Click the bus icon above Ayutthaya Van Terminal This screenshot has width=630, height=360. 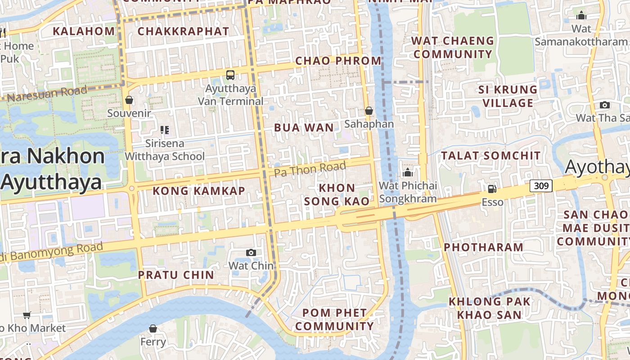coord(230,75)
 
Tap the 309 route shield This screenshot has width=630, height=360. coord(540,185)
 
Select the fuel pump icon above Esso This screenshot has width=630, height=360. coord(492,189)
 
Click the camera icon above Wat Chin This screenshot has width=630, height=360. coord(251,253)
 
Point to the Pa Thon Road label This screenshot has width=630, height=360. coord(310,169)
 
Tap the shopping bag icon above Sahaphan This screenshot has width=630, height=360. coord(369,111)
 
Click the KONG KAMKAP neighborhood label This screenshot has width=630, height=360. coord(199,191)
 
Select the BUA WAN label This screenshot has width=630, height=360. coord(304,128)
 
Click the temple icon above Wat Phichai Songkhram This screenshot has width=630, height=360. coord(408,172)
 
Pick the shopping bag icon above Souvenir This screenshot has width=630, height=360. coord(129,100)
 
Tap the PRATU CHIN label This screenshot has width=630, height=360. coord(176,275)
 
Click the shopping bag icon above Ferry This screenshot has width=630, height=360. coord(153,329)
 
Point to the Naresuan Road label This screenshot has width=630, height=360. coord(47,94)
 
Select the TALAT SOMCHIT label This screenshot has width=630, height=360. coord(490,156)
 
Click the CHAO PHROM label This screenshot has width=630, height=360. coord(338,61)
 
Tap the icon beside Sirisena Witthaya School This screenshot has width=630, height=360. coord(165,130)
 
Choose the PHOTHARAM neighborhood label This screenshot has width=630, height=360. coord(484,247)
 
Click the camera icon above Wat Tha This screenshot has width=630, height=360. coord(605,105)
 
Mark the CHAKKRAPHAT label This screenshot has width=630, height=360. coord(183,31)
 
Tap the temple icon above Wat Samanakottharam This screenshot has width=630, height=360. coord(581,16)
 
